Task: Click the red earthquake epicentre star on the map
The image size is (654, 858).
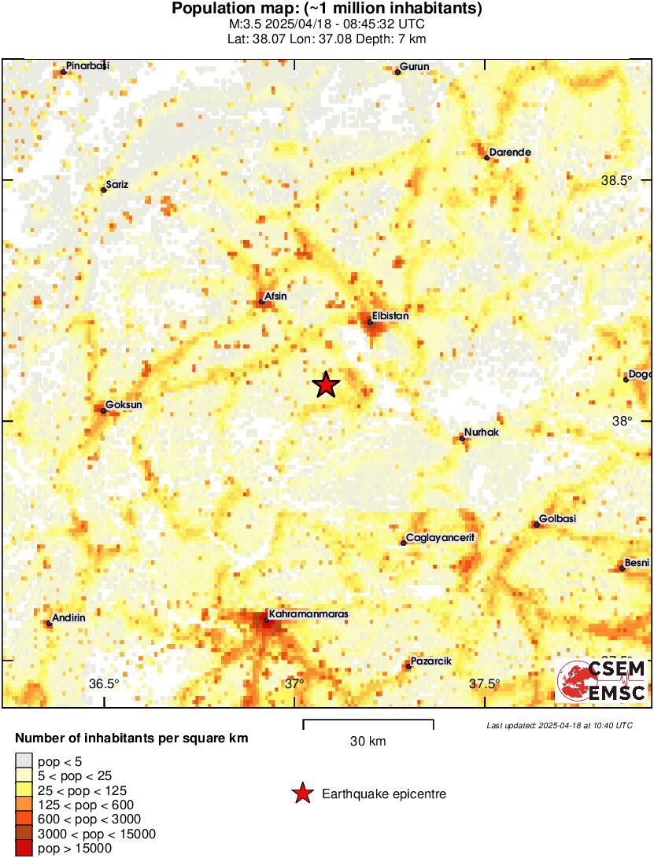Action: (x=325, y=385)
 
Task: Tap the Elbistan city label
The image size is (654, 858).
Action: (x=390, y=315)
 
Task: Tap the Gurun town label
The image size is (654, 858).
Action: (x=415, y=67)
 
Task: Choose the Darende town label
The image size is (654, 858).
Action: (x=510, y=153)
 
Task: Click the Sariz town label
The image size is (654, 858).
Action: (x=116, y=185)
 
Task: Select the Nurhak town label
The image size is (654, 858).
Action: (x=482, y=433)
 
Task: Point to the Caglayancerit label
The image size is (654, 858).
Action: (x=441, y=538)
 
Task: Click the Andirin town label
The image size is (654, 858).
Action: (x=68, y=617)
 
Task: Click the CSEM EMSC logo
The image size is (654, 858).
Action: (x=602, y=681)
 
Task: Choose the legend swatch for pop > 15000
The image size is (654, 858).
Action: (x=24, y=848)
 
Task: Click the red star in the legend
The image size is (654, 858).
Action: (x=302, y=794)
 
